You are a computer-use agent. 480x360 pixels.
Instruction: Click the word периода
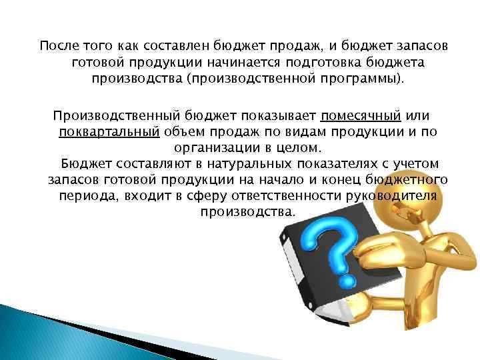79,196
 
